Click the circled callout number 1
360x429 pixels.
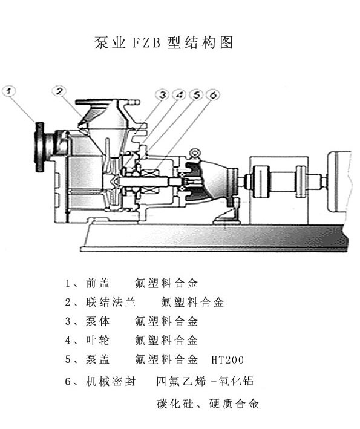pos(9,91)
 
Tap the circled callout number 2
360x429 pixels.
pos(60,91)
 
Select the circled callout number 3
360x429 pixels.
pos(163,94)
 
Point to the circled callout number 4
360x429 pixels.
pos(179,94)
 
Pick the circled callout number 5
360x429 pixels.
pos(197,94)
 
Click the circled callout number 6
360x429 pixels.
pos(213,94)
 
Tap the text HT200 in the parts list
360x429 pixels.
pos(227,360)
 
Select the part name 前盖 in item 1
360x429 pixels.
pos(98,283)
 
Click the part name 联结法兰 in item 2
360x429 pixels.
pos(111,302)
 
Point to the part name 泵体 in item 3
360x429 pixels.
pos(98,321)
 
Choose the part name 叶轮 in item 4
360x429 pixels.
pos(98,340)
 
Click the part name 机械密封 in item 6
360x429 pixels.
pos(111,381)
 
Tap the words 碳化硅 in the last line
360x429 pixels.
pos(175,404)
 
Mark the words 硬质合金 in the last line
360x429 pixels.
pos(234,404)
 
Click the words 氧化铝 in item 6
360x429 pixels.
pos(236,381)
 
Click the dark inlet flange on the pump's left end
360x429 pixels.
pos(40,147)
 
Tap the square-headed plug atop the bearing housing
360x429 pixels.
pos(194,153)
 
